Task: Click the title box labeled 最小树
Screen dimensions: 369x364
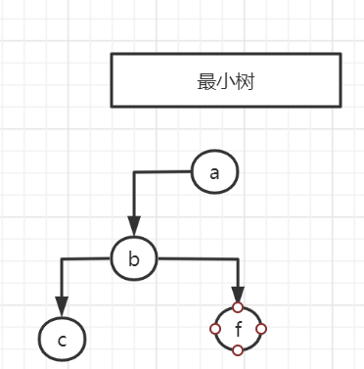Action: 226,80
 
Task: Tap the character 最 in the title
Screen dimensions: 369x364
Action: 206,81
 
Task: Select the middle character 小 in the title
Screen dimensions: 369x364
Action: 226,81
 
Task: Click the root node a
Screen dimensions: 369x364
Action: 214,172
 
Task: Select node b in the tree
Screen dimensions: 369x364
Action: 135,258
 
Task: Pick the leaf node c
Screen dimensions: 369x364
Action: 62,340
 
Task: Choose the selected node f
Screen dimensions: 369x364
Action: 238,329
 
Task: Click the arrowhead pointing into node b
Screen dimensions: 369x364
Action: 135,227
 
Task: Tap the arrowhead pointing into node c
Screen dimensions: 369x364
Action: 62,308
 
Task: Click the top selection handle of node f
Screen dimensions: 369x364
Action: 238,306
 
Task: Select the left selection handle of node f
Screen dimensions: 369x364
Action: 215,329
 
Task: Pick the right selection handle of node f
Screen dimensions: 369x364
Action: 261,329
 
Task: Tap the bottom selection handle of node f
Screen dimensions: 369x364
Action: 238,350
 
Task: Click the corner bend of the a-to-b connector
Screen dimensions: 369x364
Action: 135,173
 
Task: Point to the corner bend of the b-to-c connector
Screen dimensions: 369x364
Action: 62,259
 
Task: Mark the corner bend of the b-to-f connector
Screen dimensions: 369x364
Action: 238,260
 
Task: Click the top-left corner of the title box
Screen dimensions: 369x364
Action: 112,55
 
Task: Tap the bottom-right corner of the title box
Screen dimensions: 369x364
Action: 341,106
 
